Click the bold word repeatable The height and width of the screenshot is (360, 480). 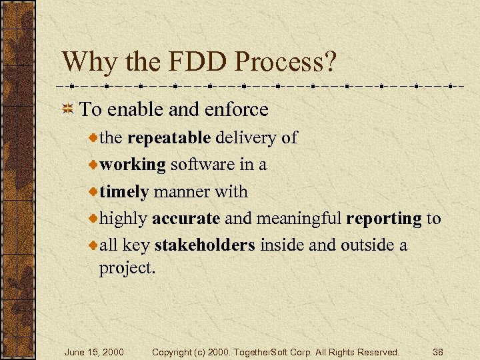[169, 138]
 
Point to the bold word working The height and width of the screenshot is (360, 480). [133, 165]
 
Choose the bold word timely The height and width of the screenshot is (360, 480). [124, 192]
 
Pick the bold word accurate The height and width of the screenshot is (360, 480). [186, 219]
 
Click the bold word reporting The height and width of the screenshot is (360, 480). [384, 219]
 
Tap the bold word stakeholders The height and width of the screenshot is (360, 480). [204, 245]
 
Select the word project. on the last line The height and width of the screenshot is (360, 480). [127, 268]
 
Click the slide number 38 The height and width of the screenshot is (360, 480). [438, 351]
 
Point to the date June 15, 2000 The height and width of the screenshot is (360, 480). [94, 351]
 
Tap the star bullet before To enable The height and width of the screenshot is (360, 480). [68, 109]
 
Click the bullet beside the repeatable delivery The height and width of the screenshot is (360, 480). [93, 139]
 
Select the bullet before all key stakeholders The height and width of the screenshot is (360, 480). [93, 246]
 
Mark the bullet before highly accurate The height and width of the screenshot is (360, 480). [93, 219]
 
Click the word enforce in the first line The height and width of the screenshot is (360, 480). [238, 109]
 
